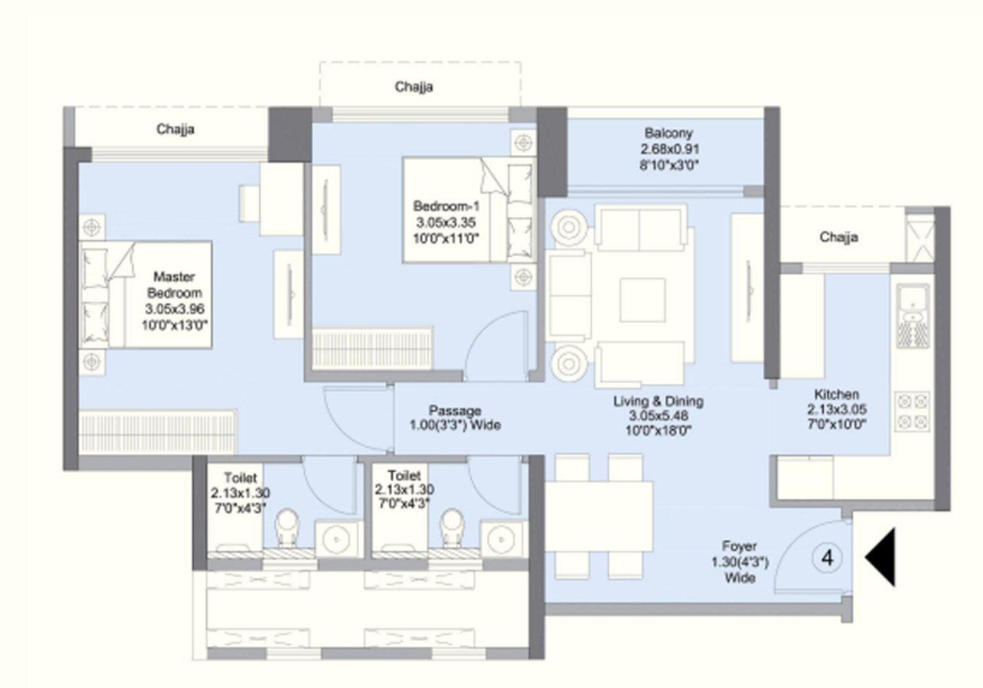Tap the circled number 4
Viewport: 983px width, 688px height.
827,558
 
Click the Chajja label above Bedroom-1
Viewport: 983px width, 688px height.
414,87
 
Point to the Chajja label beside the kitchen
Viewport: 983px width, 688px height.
838,238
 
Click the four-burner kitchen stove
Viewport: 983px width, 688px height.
913,411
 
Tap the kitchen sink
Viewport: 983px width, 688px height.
913,316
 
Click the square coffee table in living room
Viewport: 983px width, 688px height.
643,300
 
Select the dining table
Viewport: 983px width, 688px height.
598,517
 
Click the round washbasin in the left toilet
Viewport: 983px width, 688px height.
336,539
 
